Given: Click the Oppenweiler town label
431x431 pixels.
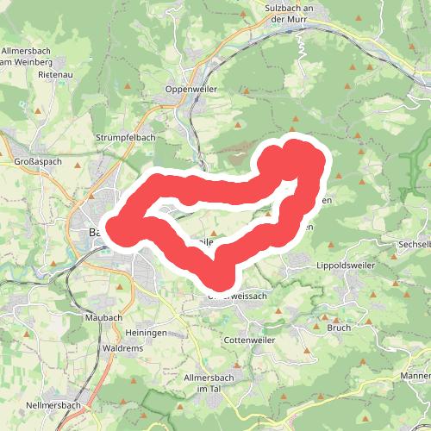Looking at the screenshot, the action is click(x=191, y=89).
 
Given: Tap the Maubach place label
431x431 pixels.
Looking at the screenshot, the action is click(x=104, y=316).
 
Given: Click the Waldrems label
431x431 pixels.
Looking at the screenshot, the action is click(x=122, y=347).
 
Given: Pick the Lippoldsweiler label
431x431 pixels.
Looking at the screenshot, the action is click(x=347, y=265).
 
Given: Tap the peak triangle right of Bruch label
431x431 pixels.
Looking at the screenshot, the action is click(x=368, y=322).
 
